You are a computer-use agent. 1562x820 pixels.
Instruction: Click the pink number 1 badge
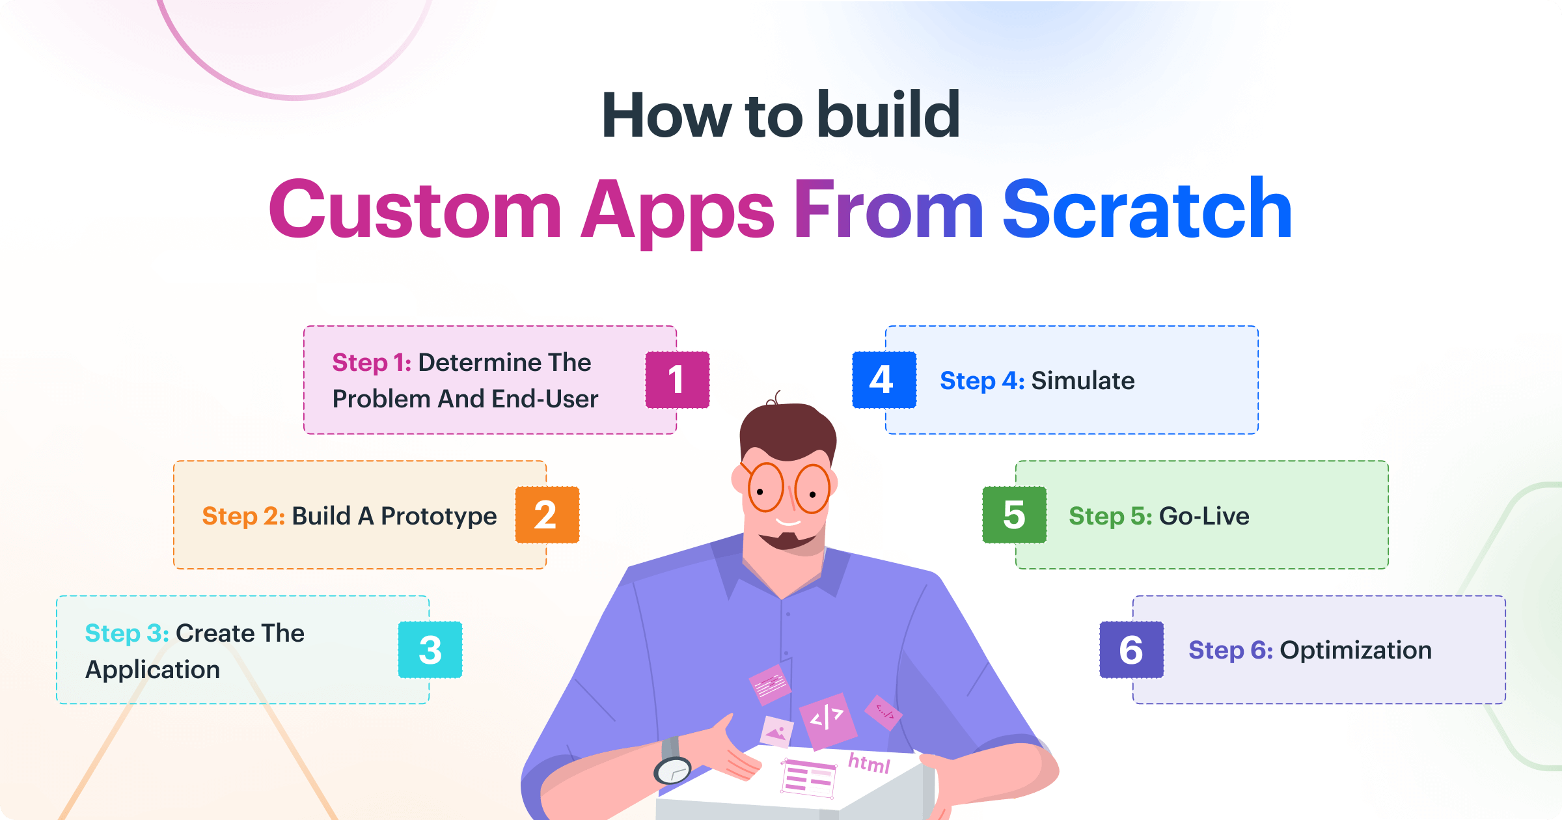pos(677,380)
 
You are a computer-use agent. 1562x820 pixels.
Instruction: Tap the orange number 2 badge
pos(547,515)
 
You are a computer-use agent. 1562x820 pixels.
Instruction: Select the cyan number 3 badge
pos(430,649)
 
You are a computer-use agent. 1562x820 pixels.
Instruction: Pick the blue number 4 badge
pos(884,380)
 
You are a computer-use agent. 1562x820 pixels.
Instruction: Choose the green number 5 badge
pos(1014,515)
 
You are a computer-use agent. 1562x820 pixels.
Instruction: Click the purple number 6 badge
pos(1131,649)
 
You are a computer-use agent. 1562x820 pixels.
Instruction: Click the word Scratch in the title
pos(1147,210)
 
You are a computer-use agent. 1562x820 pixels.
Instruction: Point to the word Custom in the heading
pos(415,210)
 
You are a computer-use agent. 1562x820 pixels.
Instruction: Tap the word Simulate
pos(1083,381)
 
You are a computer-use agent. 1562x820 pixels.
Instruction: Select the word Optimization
pos(1356,650)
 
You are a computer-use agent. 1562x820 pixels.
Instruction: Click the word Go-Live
pos(1204,516)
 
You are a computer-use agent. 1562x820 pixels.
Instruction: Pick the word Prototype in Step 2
pos(439,516)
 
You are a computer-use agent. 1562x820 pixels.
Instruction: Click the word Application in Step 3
pos(152,670)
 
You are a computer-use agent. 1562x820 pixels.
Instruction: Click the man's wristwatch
pos(673,769)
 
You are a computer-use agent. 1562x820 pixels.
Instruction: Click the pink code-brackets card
pos(827,718)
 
